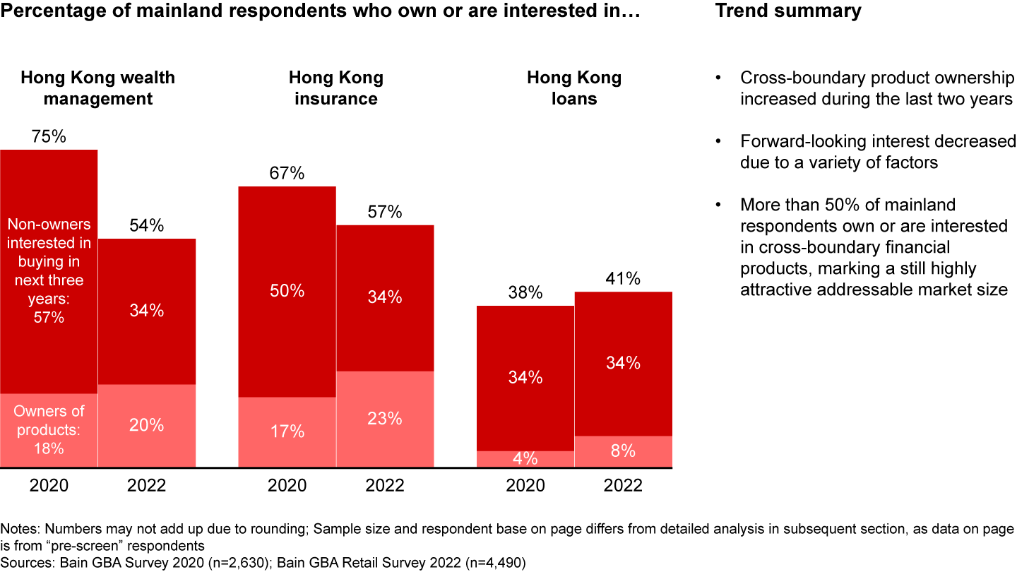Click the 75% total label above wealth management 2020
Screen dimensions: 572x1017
49,137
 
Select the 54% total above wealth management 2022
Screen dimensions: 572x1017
147,226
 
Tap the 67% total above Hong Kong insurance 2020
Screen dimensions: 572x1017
287,174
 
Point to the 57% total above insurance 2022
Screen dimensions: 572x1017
385,212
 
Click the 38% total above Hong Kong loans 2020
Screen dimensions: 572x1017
525,293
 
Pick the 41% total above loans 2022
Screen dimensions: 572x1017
623,279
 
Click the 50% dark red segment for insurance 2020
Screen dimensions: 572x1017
287,291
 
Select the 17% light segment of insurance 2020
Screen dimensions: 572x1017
287,431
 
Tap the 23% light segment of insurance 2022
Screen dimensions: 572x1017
385,418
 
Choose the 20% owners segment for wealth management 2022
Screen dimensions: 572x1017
147,425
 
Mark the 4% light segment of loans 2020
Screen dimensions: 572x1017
525,458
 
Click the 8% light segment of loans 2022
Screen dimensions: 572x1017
623,451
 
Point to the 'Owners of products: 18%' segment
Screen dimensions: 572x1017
49,429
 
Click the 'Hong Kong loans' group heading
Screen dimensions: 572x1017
574,88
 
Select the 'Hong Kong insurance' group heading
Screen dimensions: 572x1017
335,88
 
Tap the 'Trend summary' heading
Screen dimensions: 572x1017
788,11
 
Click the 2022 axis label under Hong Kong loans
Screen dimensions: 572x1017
623,486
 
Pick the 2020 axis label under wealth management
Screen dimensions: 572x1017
49,486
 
